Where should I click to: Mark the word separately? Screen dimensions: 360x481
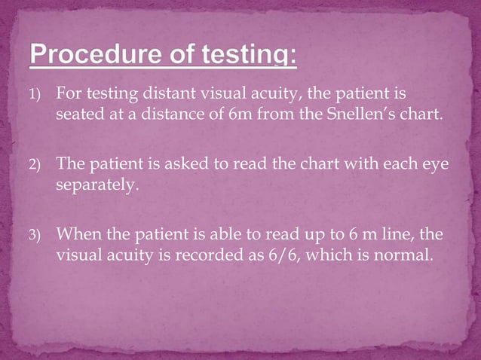[x=97, y=184]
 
